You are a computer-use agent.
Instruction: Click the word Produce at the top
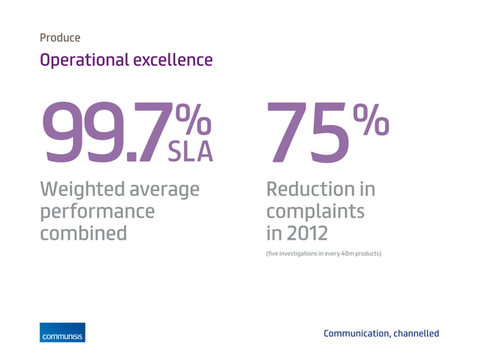point(60,37)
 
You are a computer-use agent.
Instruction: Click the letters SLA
point(190,151)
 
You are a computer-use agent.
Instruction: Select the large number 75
point(308,133)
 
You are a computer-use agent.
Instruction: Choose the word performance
point(97,212)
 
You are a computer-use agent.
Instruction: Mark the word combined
point(83,232)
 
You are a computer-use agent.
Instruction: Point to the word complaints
point(315,212)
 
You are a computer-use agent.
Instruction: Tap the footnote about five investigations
point(323,253)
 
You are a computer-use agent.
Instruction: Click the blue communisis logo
point(62,332)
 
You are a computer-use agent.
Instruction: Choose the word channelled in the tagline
point(416,333)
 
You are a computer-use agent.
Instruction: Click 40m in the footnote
point(345,253)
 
